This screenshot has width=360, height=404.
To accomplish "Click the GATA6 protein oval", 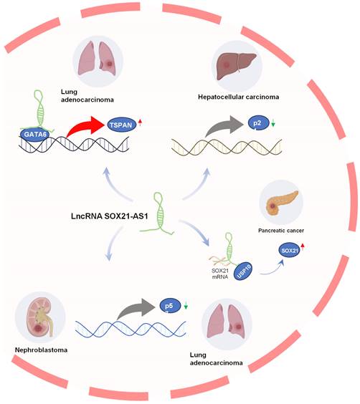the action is pyautogui.click(x=35, y=134).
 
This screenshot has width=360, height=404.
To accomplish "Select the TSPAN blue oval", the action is pyautogui.click(x=121, y=125).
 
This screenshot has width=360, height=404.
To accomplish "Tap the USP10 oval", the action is pyautogui.click(x=243, y=271).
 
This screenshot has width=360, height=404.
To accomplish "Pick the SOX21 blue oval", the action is pyautogui.click(x=289, y=250).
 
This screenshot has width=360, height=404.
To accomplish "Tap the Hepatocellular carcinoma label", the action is pyautogui.click(x=239, y=97).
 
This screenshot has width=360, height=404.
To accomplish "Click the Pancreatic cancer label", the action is pyautogui.click(x=281, y=231).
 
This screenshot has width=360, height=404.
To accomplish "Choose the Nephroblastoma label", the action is pyautogui.click(x=42, y=350).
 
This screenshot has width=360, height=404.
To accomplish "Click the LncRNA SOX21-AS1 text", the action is pyautogui.click(x=110, y=216).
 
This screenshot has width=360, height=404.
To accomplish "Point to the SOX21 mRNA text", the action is pyautogui.click(x=220, y=274).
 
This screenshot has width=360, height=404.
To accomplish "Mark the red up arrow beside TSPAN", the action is pyautogui.click(x=140, y=122).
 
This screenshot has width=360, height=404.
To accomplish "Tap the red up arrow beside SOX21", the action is pyautogui.click(x=303, y=246).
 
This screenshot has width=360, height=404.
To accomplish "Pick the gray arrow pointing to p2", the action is pyautogui.click(x=224, y=126).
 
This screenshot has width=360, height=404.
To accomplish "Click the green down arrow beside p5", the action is pyautogui.click(x=186, y=305).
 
